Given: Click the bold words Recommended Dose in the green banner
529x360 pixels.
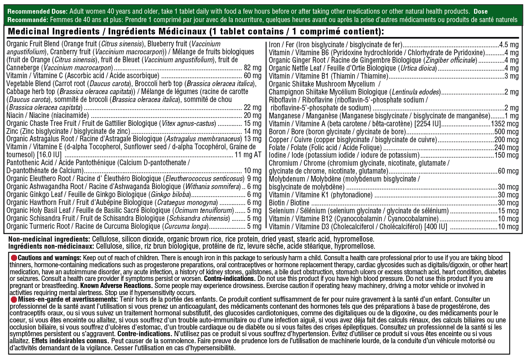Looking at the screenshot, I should pyautogui.click(x=31, y=11).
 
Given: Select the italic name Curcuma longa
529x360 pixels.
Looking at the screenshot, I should pyautogui.click(x=186, y=227).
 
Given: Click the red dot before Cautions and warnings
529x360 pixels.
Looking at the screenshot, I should pyautogui.click(x=14, y=258).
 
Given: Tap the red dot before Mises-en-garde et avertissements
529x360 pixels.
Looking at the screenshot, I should pyautogui.click(x=14, y=299).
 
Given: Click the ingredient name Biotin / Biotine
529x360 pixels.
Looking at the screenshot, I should pyautogui.click(x=289, y=203).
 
